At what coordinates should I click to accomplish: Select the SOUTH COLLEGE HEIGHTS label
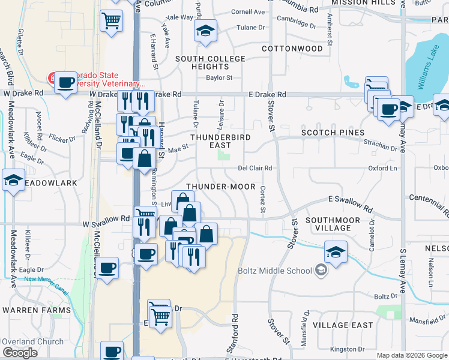pos(210,62)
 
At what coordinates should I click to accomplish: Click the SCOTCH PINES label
pos(333,133)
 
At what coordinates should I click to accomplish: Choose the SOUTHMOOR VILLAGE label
pos(333,224)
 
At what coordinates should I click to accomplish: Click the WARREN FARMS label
pos(32,310)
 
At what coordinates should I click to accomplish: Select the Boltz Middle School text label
pos(275,271)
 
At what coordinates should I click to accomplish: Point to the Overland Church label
pos(32,341)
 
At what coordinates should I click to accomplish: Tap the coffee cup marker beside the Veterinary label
pos(65,82)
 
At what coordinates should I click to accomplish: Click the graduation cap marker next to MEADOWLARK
pos(13,180)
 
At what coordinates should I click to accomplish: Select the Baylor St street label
pos(219,77)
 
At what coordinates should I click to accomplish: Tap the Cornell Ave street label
pos(248,11)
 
